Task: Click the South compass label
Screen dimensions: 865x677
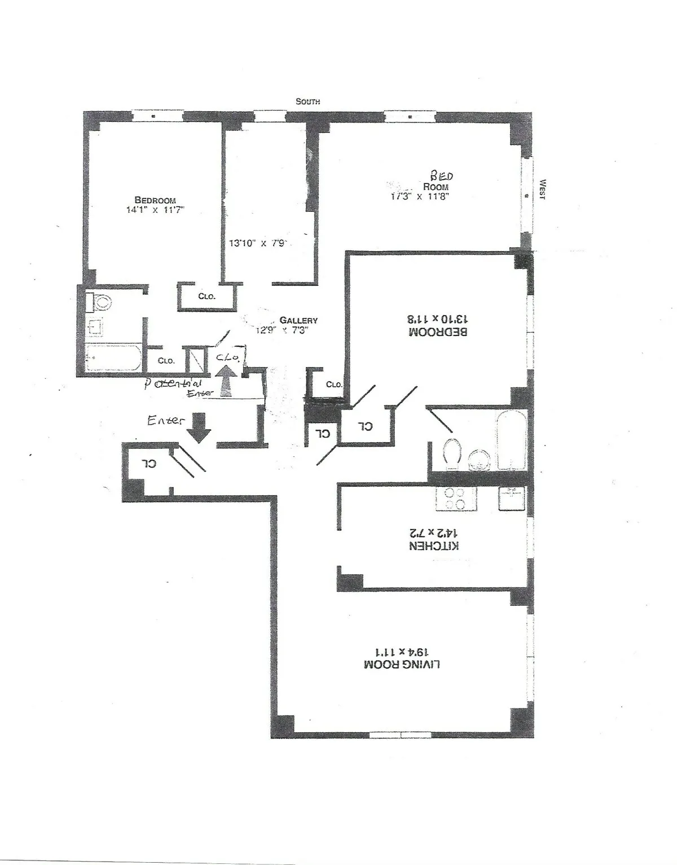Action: (x=308, y=102)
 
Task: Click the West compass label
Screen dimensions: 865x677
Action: (x=543, y=189)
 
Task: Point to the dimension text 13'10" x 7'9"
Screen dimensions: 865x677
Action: (x=259, y=244)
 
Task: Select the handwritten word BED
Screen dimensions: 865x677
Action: (x=442, y=176)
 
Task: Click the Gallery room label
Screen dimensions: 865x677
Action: (x=298, y=320)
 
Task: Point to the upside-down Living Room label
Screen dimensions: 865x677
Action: (x=402, y=664)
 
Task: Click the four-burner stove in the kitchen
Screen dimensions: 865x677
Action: (x=456, y=499)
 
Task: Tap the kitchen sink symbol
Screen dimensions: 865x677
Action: (x=512, y=498)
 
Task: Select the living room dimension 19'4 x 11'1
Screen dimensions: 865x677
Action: (x=402, y=650)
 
